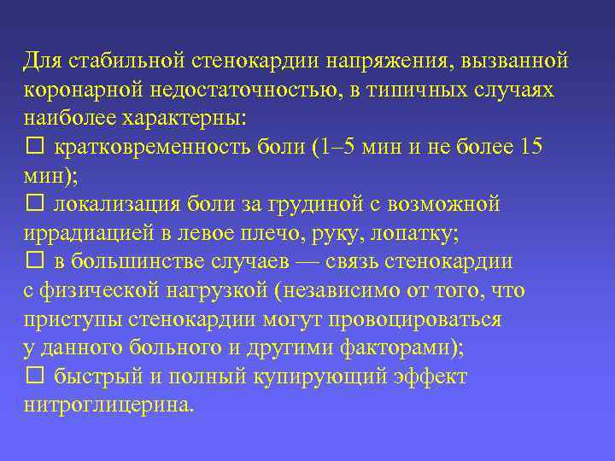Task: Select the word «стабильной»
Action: pyautogui.click(x=120, y=61)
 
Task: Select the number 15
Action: pyautogui.click(x=530, y=148)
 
